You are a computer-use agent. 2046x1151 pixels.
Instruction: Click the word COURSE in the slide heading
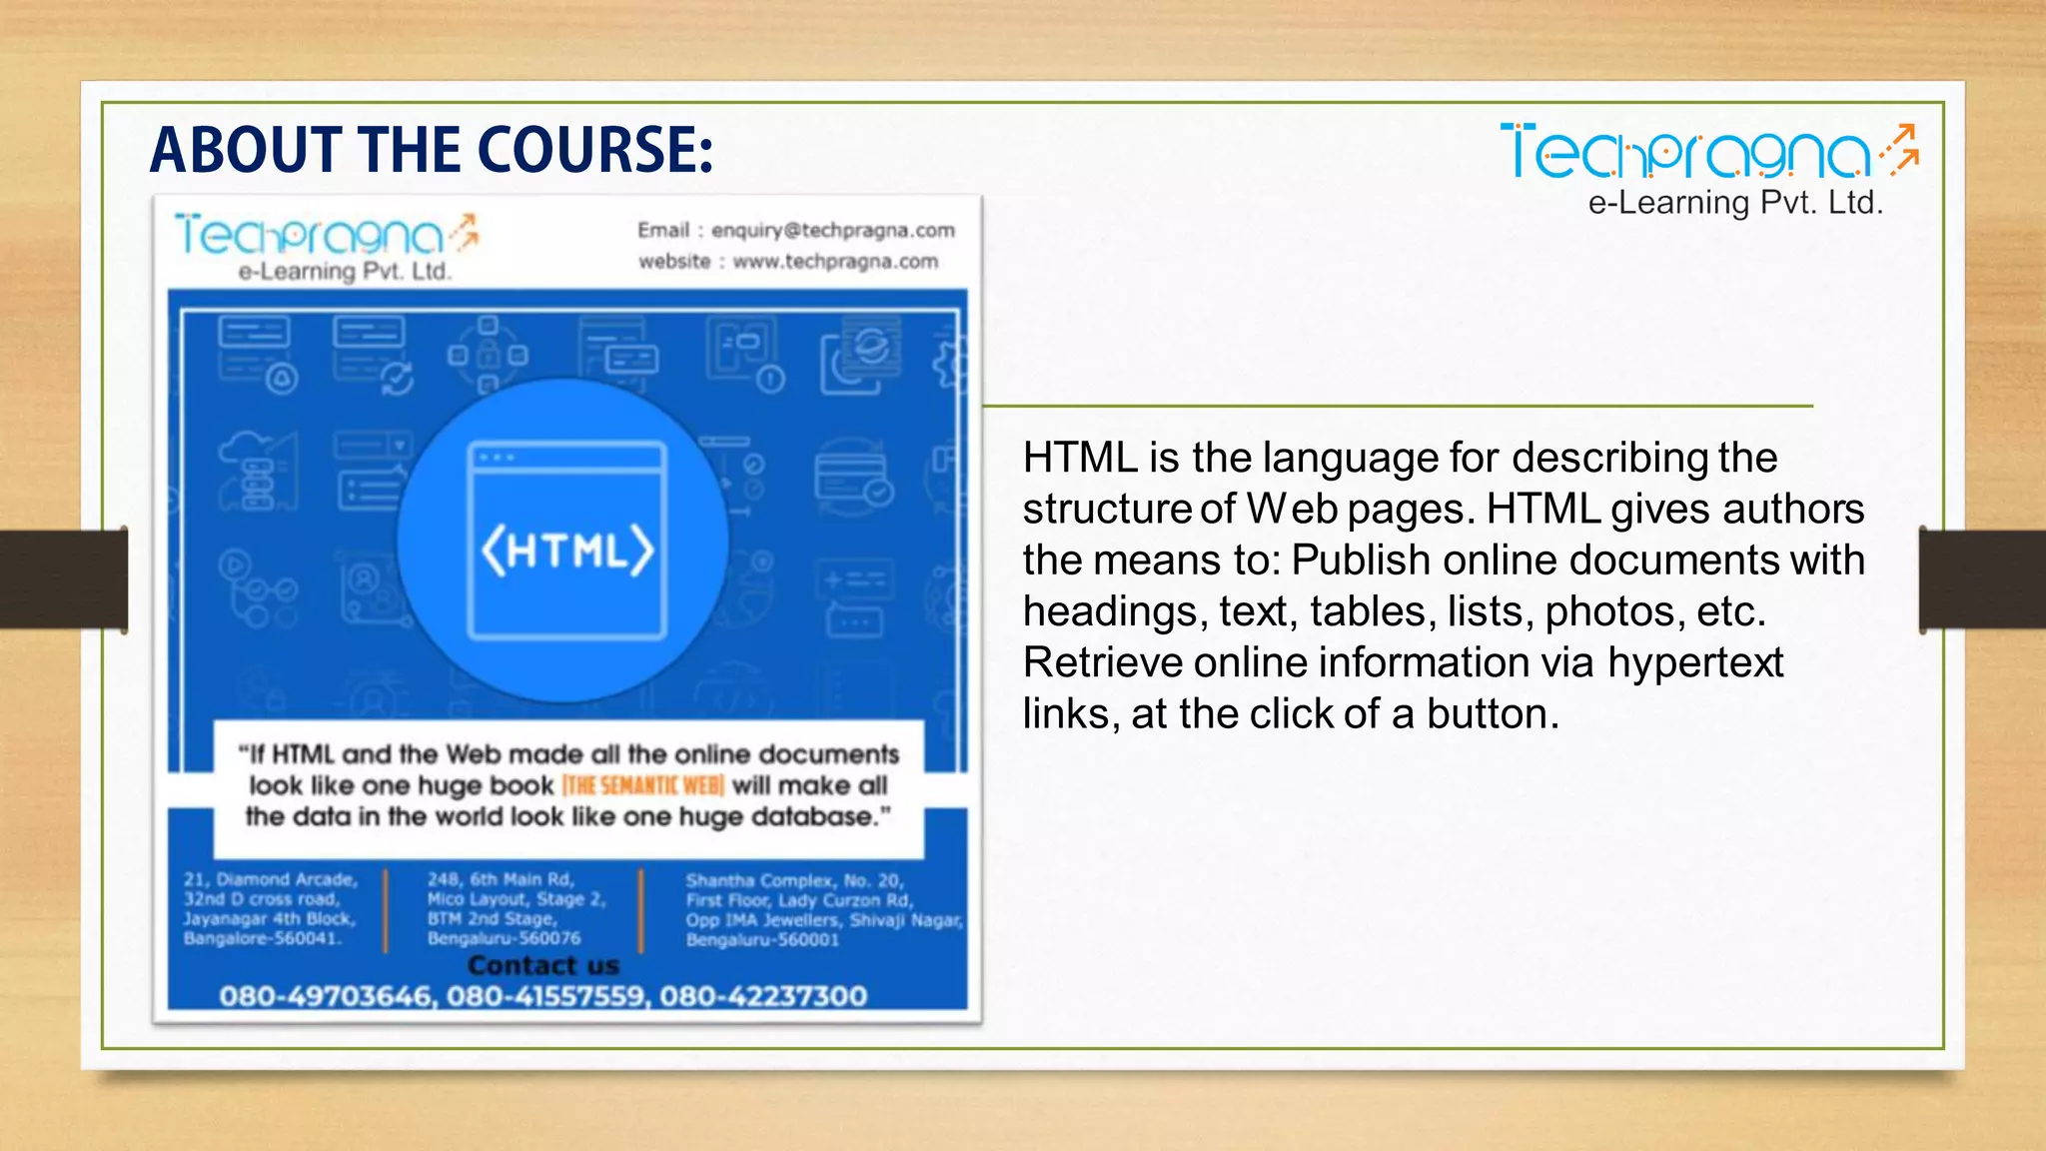tap(594, 150)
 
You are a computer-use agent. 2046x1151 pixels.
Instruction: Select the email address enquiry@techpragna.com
tap(833, 230)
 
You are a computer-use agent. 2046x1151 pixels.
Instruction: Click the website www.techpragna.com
tap(835, 262)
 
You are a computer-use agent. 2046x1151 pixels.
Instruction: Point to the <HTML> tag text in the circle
tap(567, 550)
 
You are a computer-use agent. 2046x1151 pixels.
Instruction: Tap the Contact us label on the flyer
tap(543, 966)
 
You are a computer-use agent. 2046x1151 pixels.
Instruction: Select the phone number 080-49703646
tap(326, 996)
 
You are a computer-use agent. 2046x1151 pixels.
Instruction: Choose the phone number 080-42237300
tap(763, 996)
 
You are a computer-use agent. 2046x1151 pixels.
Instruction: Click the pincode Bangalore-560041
tap(263, 938)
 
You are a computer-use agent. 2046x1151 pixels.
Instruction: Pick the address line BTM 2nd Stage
tap(492, 918)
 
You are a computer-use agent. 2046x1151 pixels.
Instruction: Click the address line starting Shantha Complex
tap(794, 880)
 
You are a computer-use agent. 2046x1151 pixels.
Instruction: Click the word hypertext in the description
tap(1695, 663)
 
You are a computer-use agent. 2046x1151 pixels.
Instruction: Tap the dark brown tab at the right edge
tap(1982, 579)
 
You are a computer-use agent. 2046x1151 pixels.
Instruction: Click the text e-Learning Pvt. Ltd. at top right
tap(1735, 203)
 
